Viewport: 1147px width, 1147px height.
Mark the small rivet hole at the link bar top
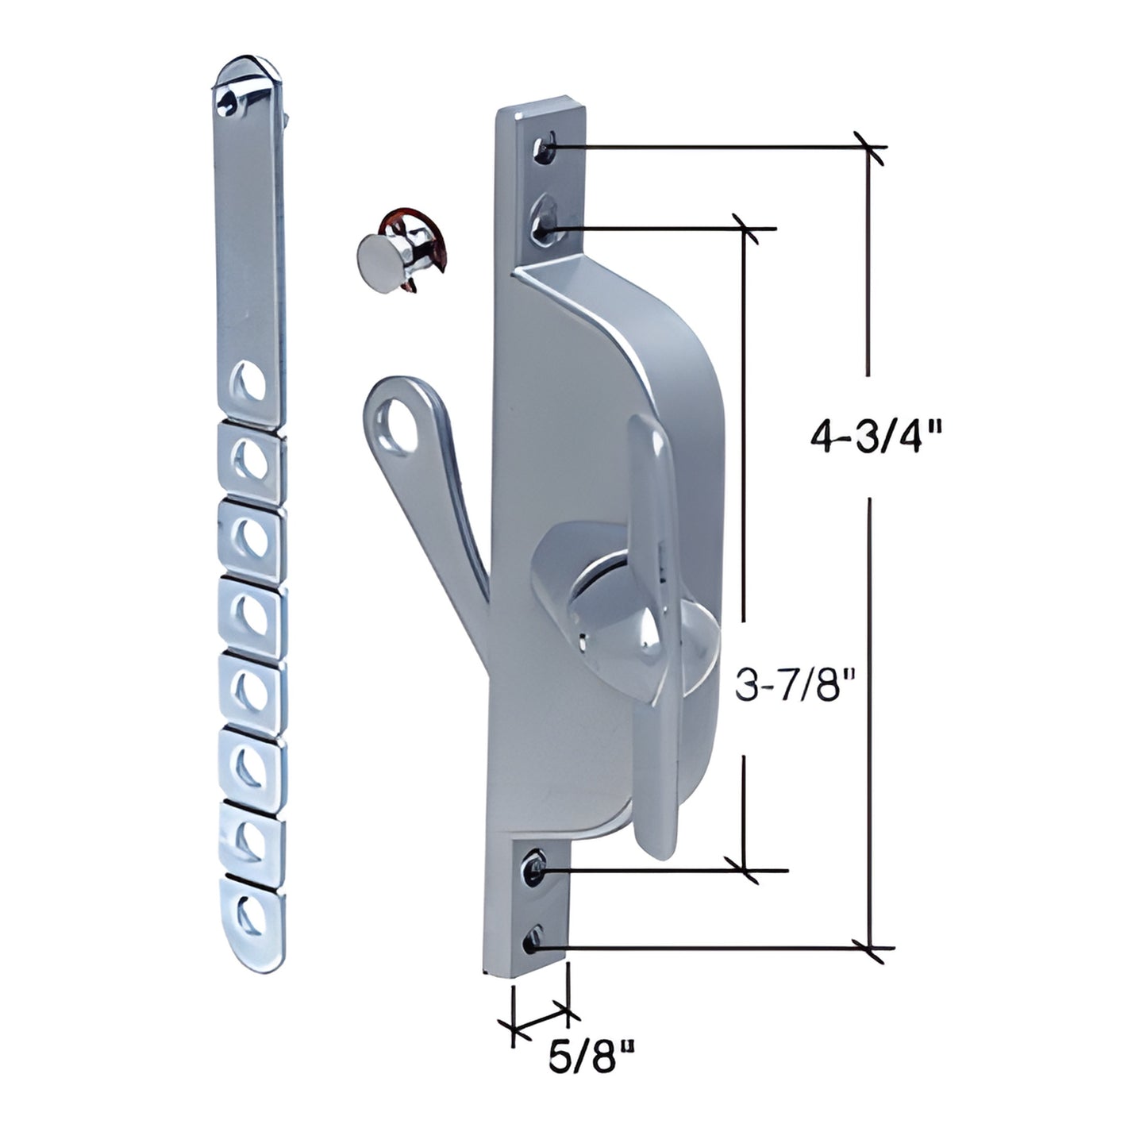(229, 98)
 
